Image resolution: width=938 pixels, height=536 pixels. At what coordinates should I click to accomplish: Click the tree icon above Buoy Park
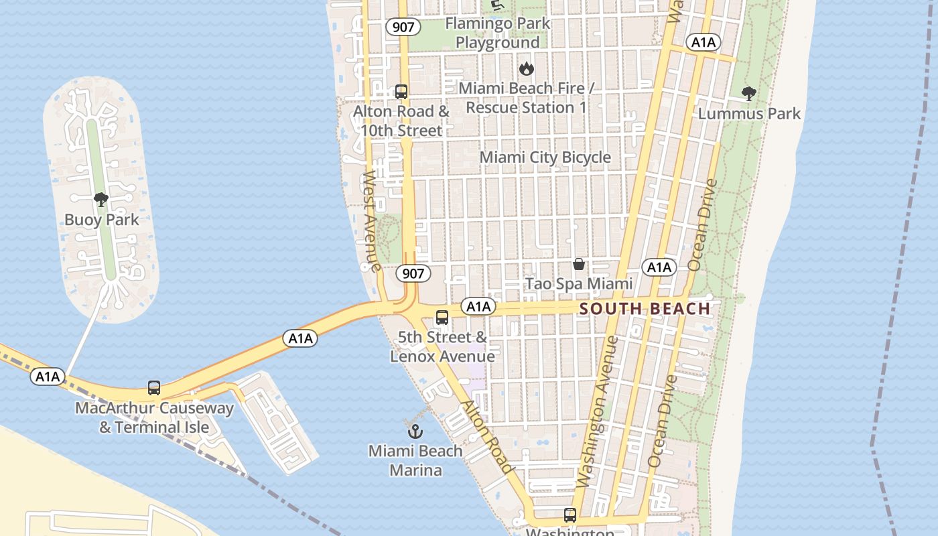click(x=101, y=200)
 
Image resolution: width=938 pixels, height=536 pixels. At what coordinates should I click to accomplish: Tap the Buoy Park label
click(x=101, y=220)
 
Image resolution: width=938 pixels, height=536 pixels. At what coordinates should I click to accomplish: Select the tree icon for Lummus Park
click(x=748, y=94)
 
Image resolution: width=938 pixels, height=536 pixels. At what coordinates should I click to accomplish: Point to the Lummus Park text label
click(x=749, y=113)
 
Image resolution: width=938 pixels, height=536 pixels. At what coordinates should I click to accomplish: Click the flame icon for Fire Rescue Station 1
click(x=527, y=68)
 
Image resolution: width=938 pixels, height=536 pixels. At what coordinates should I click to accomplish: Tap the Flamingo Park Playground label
click(x=497, y=33)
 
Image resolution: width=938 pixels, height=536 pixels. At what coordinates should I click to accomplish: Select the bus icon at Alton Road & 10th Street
click(x=401, y=92)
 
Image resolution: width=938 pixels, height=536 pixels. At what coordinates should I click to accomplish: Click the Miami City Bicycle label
click(x=545, y=157)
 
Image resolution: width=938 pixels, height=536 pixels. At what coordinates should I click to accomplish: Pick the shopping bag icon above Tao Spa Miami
click(x=579, y=264)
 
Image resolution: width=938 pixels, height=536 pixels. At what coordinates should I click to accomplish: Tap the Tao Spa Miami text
click(x=579, y=283)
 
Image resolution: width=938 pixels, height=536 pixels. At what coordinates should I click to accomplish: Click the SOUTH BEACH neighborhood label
click(x=645, y=309)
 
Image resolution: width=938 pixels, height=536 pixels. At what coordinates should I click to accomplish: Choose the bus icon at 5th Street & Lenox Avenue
click(x=442, y=318)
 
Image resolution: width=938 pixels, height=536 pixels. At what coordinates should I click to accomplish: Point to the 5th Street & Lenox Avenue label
click(x=442, y=346)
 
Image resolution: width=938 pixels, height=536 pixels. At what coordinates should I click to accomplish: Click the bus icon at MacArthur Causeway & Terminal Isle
click(x=154, y=388)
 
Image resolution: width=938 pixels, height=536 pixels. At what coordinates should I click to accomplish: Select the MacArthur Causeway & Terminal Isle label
click(x=154, y=417)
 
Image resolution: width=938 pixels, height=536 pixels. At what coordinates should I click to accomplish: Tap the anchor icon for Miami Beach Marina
click(x=415, y=431)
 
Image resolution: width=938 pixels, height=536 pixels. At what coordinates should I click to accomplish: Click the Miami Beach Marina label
click(x=415, y=460)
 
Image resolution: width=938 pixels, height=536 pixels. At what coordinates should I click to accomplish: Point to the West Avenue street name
click(x=371, y=221)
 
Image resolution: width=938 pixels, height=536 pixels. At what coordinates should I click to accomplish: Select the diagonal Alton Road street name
click(x=487, y=436)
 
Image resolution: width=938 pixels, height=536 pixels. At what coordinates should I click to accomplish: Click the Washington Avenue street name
click(x=597, y=412)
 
